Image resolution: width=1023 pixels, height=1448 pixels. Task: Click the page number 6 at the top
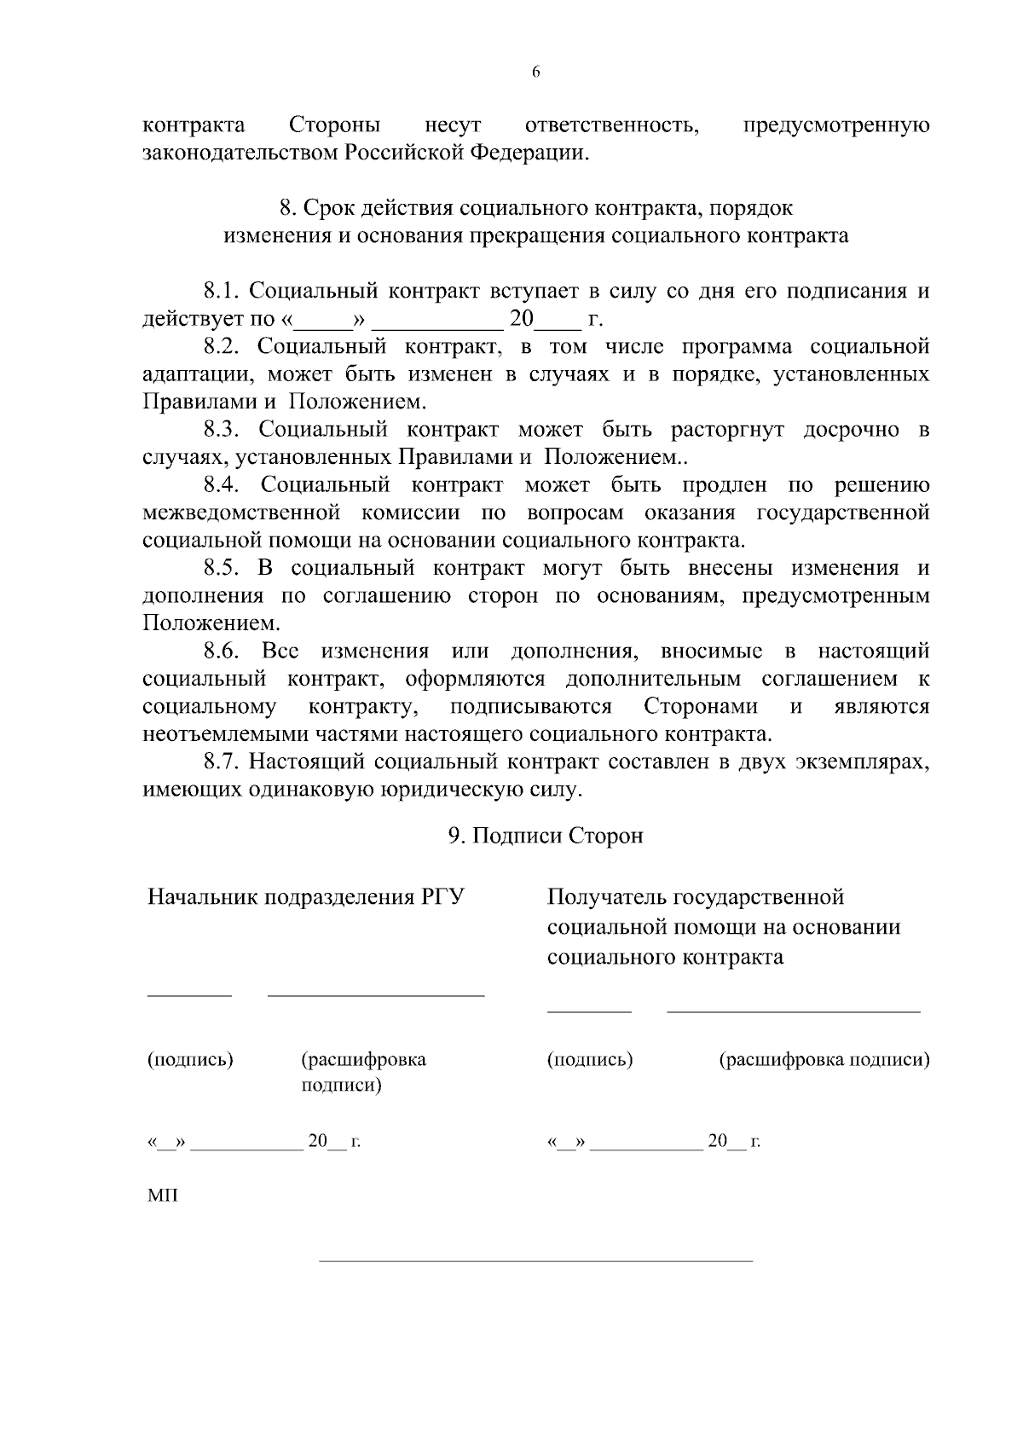[x=535, y=72]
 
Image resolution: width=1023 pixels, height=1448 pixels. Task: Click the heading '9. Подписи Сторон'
[x=546, y=836]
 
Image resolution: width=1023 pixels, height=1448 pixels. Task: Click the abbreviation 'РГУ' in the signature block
[x=443, y=897]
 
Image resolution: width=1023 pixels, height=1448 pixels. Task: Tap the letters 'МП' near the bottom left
[x=162, y=1196]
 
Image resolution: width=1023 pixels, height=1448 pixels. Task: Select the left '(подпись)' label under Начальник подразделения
[x=190, y=1060]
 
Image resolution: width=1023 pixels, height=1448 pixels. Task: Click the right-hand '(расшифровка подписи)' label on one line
[x=824, y=1060]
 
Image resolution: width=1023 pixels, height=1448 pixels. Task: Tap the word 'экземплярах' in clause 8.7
[x=861, y=762]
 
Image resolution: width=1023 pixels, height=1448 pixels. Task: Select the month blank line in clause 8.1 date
[x=437, y=328]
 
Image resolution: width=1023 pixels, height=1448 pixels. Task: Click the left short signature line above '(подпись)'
[x=189, y=995]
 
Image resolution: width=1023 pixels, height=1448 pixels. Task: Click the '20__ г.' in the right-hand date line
[x=733, y=1141]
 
